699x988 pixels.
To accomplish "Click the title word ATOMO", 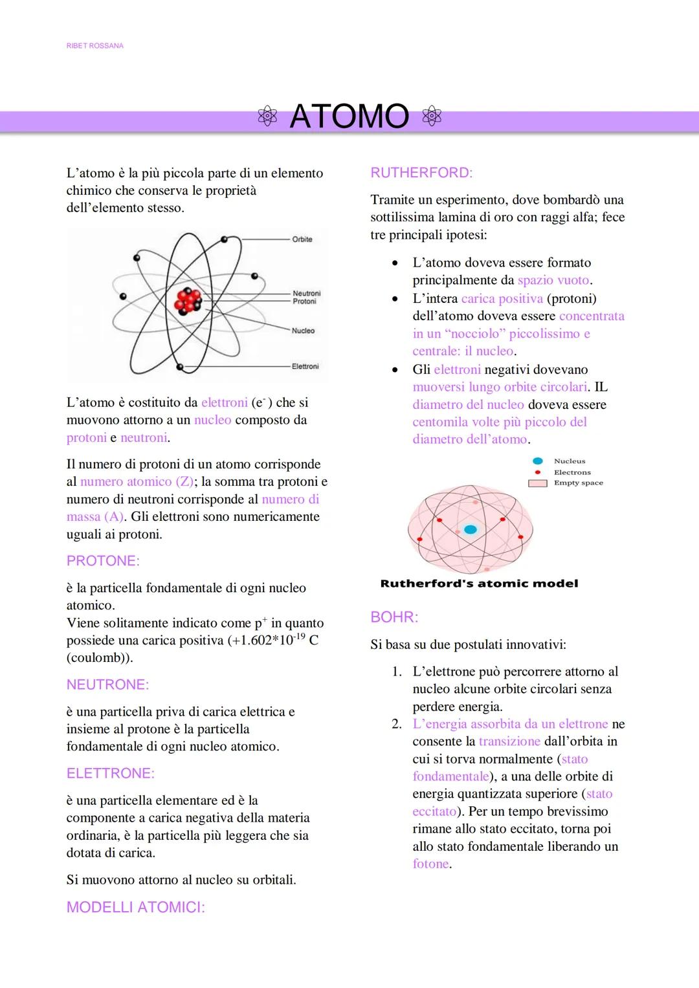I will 349,117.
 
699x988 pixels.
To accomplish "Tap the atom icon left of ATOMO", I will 267,117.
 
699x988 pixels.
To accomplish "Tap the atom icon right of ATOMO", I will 432,117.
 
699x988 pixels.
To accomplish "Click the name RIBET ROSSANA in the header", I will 94,46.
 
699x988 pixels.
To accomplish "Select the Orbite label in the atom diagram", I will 302,239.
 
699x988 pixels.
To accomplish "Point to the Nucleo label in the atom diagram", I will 303,331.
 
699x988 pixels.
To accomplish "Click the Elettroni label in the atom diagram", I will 305,366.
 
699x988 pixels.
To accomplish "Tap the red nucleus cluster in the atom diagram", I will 188,300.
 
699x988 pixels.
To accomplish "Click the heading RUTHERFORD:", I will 421,173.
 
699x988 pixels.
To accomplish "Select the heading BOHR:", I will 394,617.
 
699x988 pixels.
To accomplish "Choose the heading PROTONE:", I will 103,561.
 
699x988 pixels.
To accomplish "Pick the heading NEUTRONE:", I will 107,685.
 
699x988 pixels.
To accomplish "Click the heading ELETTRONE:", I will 110,773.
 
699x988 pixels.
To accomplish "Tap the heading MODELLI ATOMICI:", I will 135,907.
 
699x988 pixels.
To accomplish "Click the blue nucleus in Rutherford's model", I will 471,529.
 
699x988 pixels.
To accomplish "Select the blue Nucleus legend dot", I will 537,461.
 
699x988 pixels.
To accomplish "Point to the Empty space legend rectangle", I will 538,483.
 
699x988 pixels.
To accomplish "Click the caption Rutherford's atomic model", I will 479,584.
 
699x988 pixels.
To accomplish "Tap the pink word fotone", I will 430,864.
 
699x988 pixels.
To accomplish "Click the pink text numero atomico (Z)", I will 137,481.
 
